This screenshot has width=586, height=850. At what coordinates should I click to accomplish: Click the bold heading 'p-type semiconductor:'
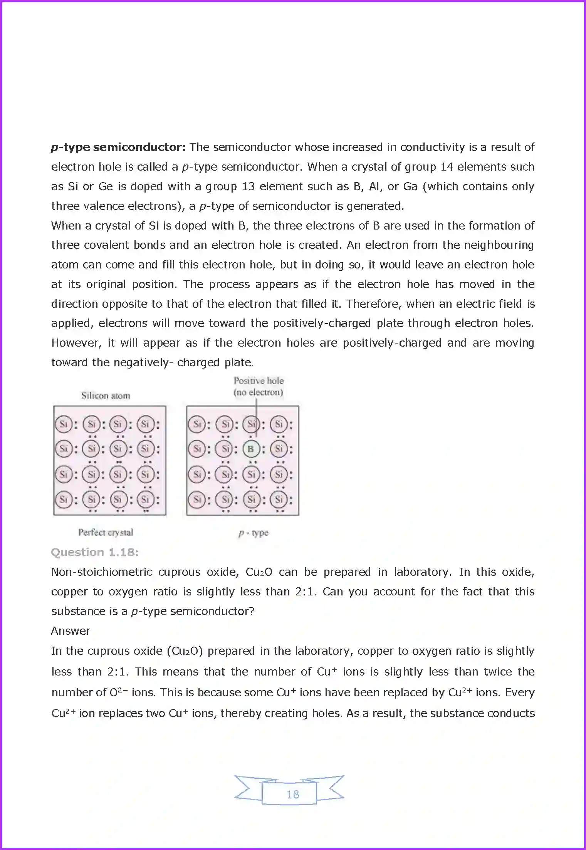coord(118,147)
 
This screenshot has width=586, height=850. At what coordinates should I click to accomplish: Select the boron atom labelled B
coord(251,449)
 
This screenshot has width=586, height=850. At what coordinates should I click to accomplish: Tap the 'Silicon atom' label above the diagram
coord(106,396)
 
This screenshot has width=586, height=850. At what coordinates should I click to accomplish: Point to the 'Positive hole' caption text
coord(259,381)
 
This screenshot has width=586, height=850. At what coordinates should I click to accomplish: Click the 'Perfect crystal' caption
coord(106,532)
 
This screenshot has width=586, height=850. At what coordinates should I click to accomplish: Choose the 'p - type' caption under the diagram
coord(253,533)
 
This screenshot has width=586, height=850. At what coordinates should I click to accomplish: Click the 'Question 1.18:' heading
coord(95,552)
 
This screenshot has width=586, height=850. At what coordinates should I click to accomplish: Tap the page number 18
coord(293,794)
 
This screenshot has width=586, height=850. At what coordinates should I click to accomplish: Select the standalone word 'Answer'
coord(71,631)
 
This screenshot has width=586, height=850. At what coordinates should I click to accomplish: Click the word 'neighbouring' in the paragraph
coord(499,245)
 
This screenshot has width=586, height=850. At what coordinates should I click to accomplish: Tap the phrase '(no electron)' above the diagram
coord(258,392)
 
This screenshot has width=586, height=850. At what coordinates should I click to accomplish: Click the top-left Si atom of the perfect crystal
coord(64,424)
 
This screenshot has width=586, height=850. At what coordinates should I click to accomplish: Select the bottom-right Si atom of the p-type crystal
coord(279,500)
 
